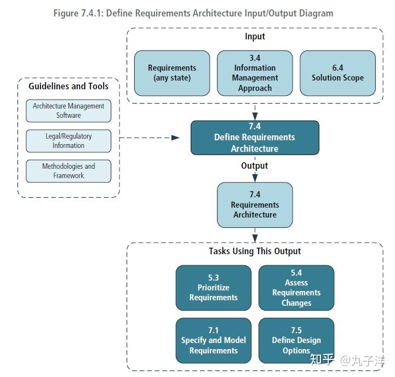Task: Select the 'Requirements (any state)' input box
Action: tap(172, 73)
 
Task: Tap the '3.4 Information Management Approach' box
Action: tap(255, 73)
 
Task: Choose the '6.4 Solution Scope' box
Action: tap(337, 73)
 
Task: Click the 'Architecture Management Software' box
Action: tap(68, 111)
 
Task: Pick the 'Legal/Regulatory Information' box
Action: tap(68, 141)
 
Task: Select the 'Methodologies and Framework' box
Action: tap(68, 171)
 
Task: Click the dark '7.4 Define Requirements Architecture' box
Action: tap(255, 138)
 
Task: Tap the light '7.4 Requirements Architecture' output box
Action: tap(255, 205)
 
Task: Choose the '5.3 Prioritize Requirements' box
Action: tap(214, 288)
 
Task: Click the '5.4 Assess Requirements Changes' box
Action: tap(296, 288)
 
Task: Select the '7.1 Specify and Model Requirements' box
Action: tap(214, 340)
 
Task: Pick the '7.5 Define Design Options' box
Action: tap(296, 340)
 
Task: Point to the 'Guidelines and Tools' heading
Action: tap(68, 86)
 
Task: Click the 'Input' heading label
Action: tap(255, 37)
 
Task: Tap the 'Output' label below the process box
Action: tap(255, 165)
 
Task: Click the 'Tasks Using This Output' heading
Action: tap(255, 251)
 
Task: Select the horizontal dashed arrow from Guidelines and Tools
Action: tap(148, 138)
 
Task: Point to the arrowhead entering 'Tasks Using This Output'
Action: tap(255, 238)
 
